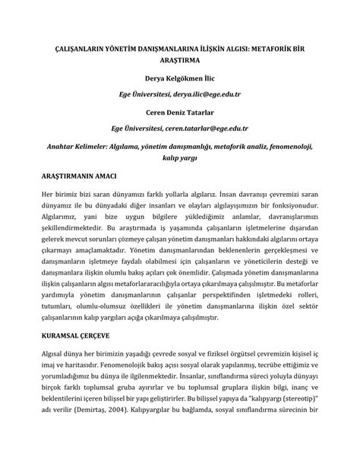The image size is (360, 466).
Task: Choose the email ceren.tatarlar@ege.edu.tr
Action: coord(210,127)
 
